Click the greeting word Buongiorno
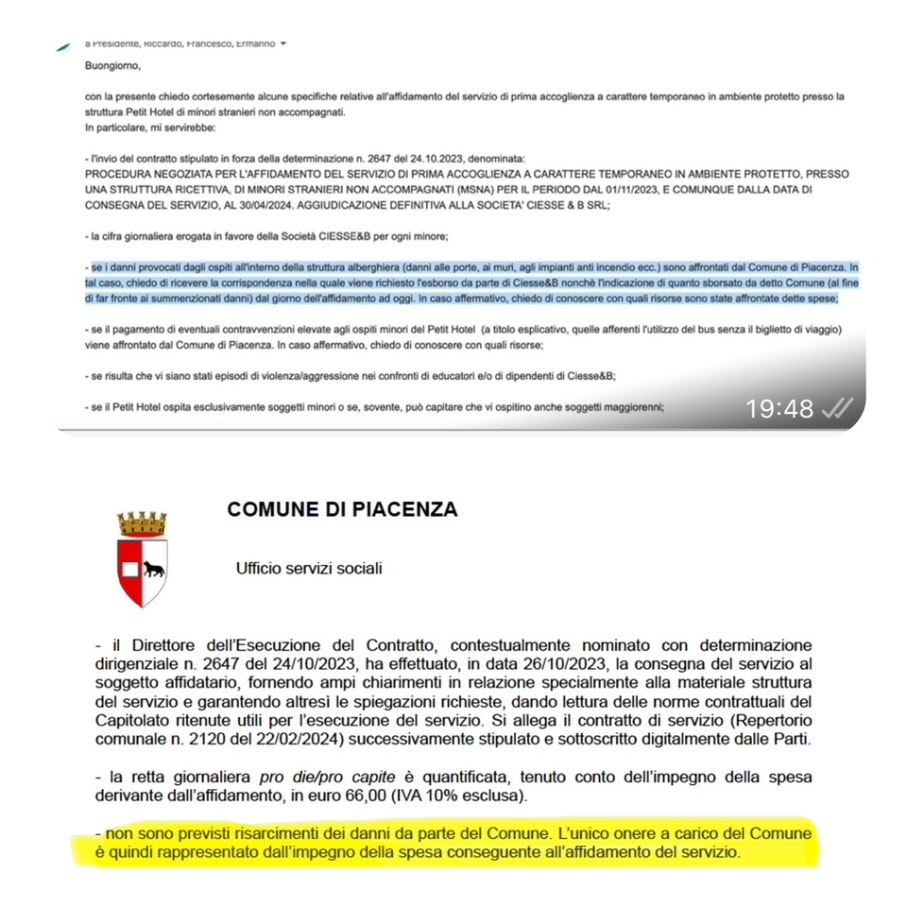(111, 66)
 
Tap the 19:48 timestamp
(779, 408)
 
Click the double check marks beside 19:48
(836, 408)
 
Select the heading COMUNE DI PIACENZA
(342, 510)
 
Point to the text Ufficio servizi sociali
(309, 569)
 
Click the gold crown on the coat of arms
(142, 524)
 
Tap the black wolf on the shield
(153, 569)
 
